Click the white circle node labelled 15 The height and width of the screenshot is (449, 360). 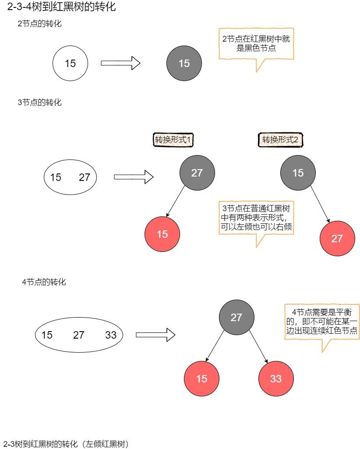click(x=70, y=63)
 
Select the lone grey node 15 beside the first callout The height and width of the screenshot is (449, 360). click(x=184, y=63)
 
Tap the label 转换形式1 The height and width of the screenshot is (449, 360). click(x=173, y=140)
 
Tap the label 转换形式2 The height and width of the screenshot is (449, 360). click(x=280, y=140)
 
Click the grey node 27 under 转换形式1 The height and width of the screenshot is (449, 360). click(x=197, y=173)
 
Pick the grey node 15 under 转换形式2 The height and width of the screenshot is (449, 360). click(x=298, y=173)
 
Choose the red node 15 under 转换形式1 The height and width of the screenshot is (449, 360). click(x=162, y=234)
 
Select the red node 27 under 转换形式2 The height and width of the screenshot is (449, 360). click(x=337, y=238)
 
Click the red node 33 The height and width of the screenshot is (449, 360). click(x=276, y=378)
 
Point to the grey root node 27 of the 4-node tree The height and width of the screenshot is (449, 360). click(x=236, y=317)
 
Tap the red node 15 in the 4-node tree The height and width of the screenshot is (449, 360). click(x=201, y=378)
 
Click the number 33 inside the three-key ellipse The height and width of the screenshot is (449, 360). click(x=111, y=335)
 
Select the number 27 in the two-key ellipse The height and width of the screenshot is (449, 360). click(x=85, y=177)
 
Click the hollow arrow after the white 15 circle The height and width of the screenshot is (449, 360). click(x=120, y=63)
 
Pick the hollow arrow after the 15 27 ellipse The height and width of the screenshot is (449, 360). click(x=134, y=177)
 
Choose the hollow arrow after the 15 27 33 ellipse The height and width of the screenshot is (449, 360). click(x=155, y=335)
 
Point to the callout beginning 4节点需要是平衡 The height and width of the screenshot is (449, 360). click(x=322, y=328)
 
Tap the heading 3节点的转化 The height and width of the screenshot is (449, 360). click(x=39, y=102)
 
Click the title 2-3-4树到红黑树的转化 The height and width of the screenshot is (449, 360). click(x=62, y=7)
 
